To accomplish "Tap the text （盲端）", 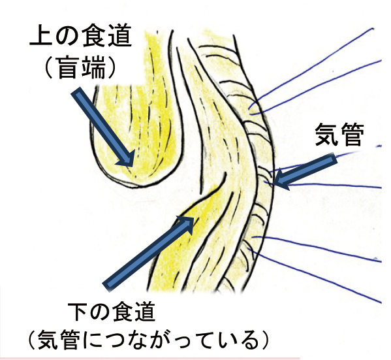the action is point(80,68).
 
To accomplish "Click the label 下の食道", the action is point(112,312).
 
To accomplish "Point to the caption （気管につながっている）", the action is point(148,340).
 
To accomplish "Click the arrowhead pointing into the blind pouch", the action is point(127,159).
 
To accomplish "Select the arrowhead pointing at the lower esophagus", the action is point(187,223).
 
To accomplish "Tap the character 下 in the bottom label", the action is point(78,312).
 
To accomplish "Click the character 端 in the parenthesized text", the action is point(94,68).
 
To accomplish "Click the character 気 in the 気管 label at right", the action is point(326,135).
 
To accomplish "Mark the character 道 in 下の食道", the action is point(145,312).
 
